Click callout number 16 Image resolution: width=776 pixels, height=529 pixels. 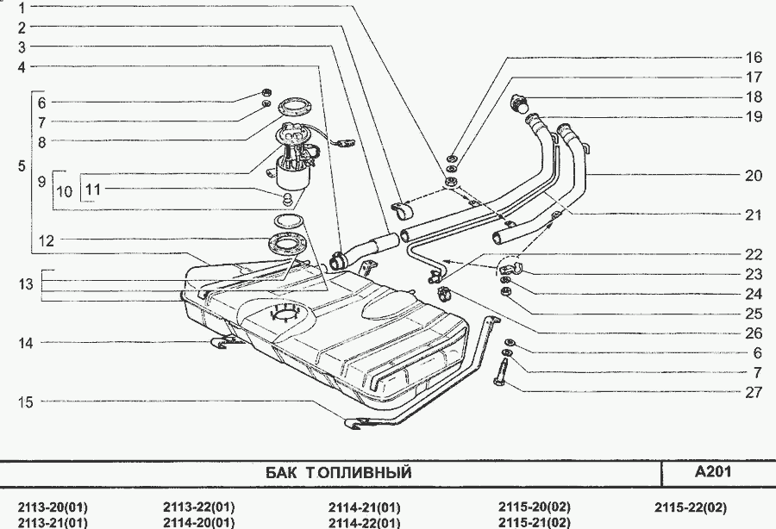[x=754, y=58]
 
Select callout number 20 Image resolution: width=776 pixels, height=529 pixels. [x=754, y=175]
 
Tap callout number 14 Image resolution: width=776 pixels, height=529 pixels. [x=27, y=343]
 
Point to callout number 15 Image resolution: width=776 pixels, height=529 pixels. [x=27, y=401]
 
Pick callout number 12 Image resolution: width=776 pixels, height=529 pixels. [x=46, y=241]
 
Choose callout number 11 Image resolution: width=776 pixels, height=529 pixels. [x=92, y=188]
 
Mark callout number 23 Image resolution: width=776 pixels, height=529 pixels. [x=754, y=275]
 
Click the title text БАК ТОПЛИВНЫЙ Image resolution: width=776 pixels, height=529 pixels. [x=335, y=473]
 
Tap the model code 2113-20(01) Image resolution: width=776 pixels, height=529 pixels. [x=53, y=507]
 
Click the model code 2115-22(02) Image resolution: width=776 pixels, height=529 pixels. [x=690, y=507]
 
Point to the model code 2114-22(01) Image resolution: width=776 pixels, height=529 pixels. [x=365, y=522]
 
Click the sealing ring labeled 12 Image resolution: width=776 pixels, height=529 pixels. [x=288, y=244]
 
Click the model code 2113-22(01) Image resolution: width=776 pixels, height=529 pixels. [x=198, y=507]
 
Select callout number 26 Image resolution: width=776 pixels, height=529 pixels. [x=754, y=333]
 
